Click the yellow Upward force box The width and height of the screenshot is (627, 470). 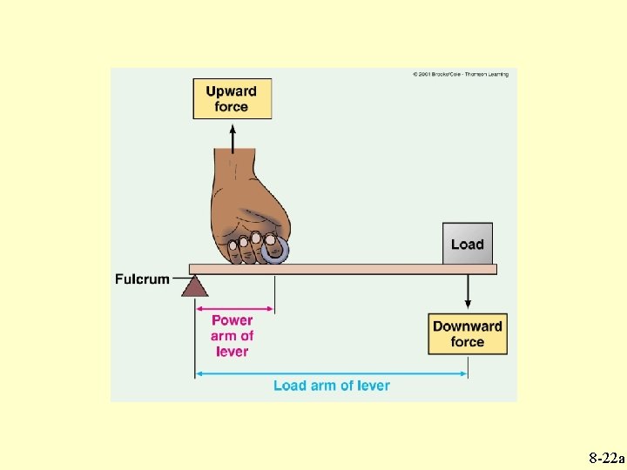pyautogui.click(x=232, y=98)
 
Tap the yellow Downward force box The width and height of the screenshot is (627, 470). pyautogui.click(x=468, y=333)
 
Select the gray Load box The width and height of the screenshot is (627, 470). pyautogui.click(x=467, y=244)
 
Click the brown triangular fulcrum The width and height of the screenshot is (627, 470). pyautogui.click(x=194, y=285)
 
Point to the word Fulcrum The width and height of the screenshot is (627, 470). pyautogui.click(x=141, y=279)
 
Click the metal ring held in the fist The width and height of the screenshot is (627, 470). pyautogui.click(x=276, y=251)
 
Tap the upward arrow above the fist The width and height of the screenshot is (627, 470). pyautogui.click(x=233, y=137)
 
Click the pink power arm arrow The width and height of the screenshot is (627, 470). pyautogui.click(x=234, y=307)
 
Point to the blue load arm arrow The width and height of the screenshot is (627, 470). pyautogui.click(x=331, y=375)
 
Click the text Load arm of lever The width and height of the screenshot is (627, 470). pyautogui.click(x=331, y=386)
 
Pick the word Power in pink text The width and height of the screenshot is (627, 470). pyautogui.click(x=233, y=320)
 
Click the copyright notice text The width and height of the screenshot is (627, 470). pyautogui.click(x=460, y=74)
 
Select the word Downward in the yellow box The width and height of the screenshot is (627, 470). pyautogui.click(x=468, y=326)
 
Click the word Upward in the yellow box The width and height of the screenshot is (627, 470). pyautogui.click(x=232, y=91)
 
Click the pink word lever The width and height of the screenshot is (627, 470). pyautogui.click(x=233, y=352)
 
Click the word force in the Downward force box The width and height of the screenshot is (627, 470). pyautogui.click(x=468, y=342)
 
